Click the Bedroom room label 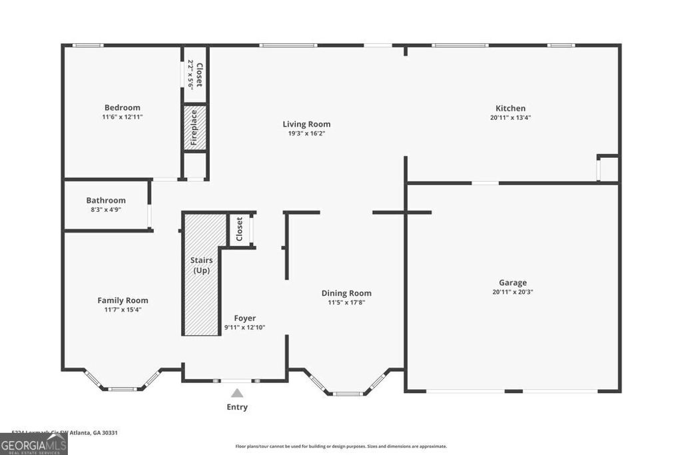(122, 108)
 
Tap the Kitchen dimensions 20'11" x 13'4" (510, 117)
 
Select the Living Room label (306, 124)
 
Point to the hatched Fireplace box (194, 127)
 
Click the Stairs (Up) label (202, 265)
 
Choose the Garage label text (513, 282)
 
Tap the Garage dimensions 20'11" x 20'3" (513, 292)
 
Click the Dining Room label (346, 293)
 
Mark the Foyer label (244, 318)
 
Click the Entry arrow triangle (237, 394)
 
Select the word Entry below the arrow (237, 407)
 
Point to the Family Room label (123, 300)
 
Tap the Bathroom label (106, 201)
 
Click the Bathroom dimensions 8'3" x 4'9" (106, 209)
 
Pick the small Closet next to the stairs (240, 230)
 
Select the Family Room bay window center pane (123, 388)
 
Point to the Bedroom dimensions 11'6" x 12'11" (122, 117)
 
